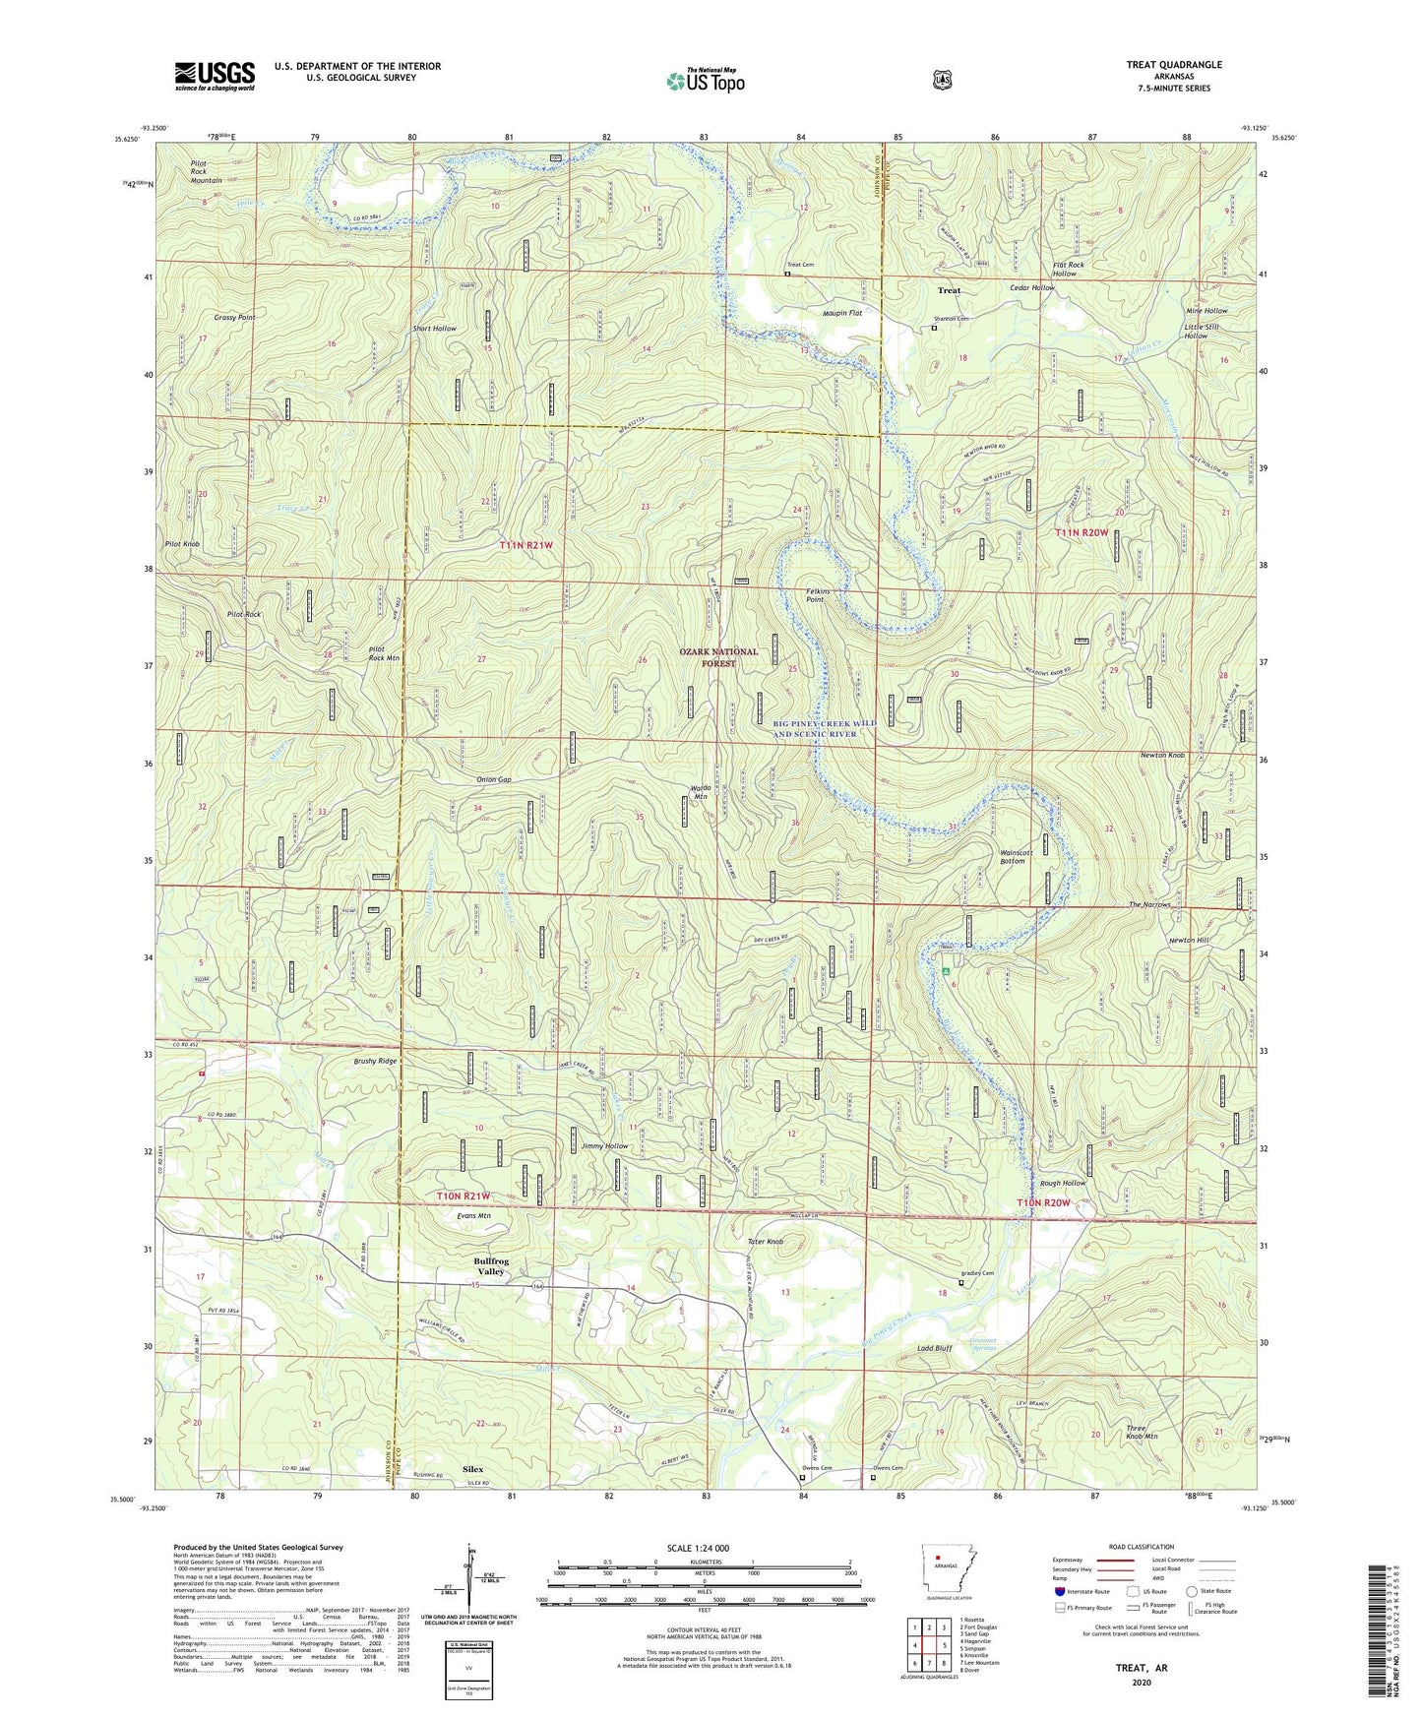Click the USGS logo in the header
coord(215,75)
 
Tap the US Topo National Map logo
coord(705,81)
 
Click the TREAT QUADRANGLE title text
coord(1174,65)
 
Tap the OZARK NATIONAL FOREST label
coord(718,657)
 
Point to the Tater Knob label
coord(765,1242)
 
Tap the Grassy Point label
coord(234,318)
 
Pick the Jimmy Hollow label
coord(604,1146)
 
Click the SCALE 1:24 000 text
coord(698,1548)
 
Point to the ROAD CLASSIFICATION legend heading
coord(1142,1547)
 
